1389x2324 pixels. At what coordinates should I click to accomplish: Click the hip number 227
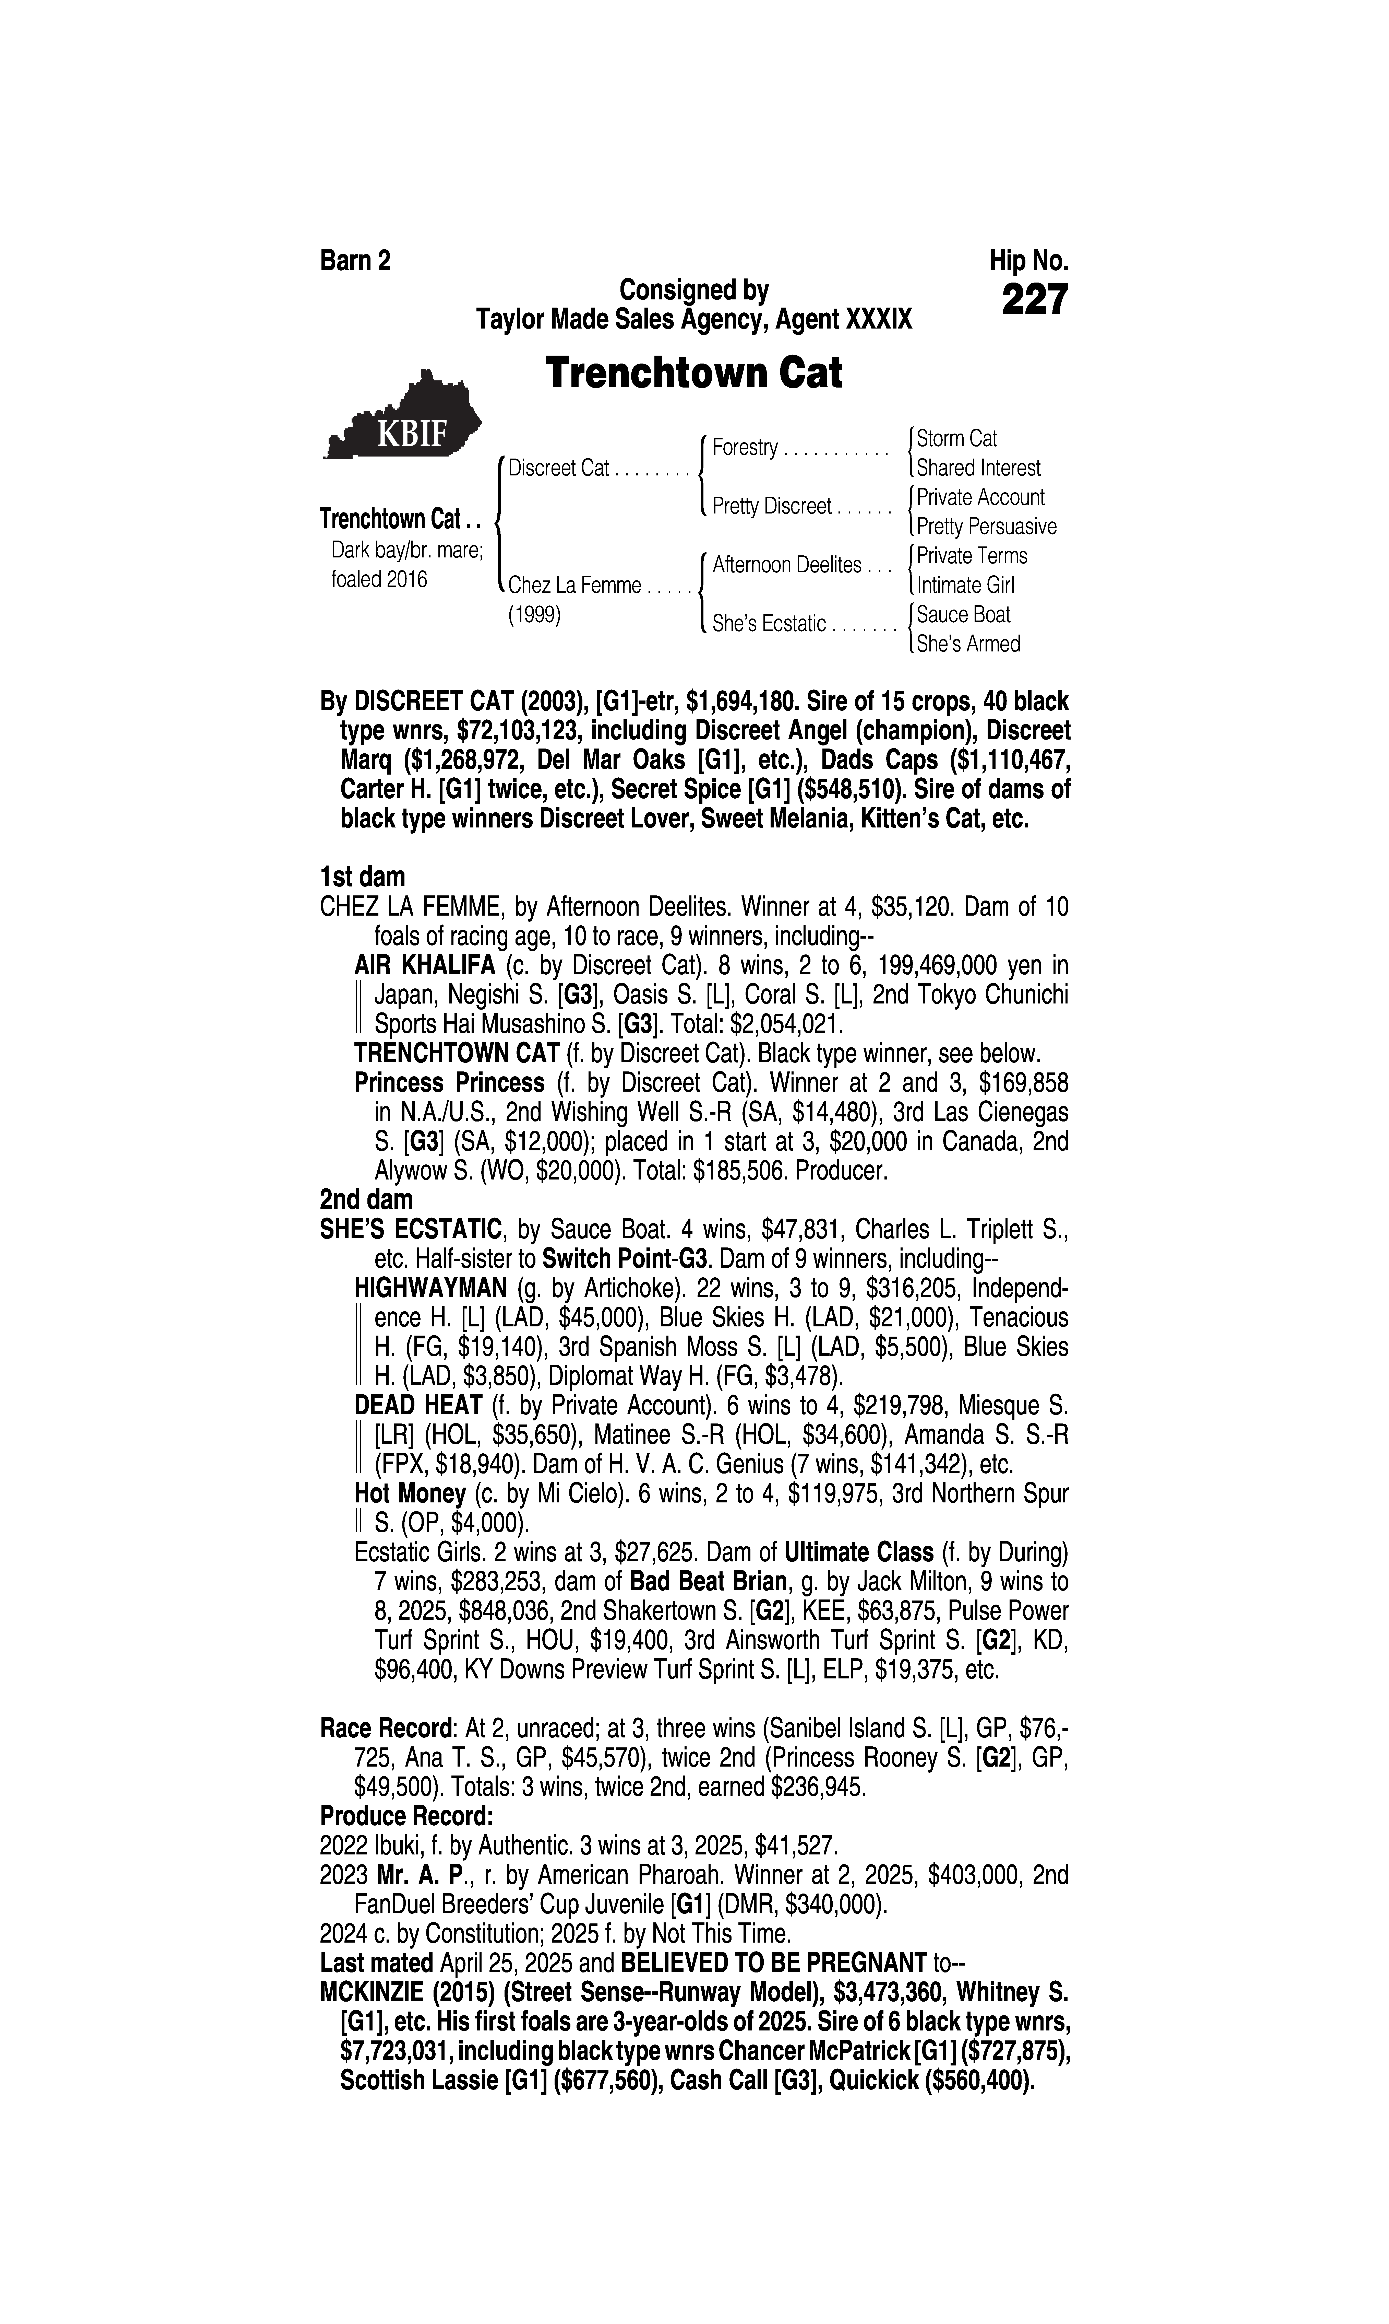pos(1034,301)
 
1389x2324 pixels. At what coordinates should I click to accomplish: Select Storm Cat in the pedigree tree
pos(956,438)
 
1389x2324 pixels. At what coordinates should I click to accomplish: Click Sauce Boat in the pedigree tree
pos(963,614)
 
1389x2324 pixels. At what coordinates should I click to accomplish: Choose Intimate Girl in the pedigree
pos(965,585)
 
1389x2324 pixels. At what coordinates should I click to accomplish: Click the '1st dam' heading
pos(362,877)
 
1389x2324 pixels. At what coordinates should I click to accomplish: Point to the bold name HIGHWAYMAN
pos(430,1288)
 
